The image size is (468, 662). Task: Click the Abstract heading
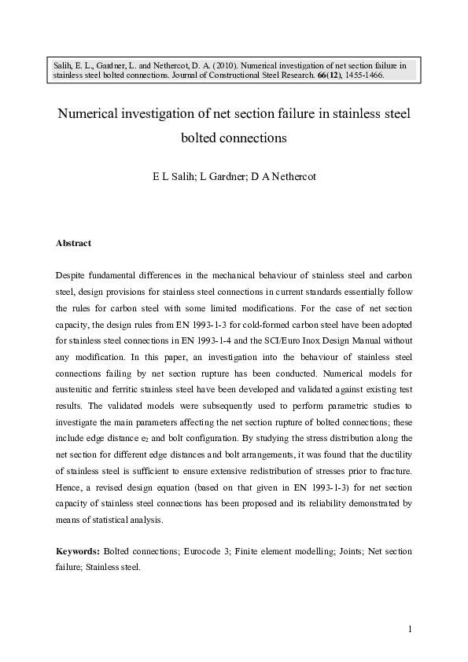coord(73,244)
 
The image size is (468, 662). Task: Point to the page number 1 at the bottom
coord(411,629)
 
